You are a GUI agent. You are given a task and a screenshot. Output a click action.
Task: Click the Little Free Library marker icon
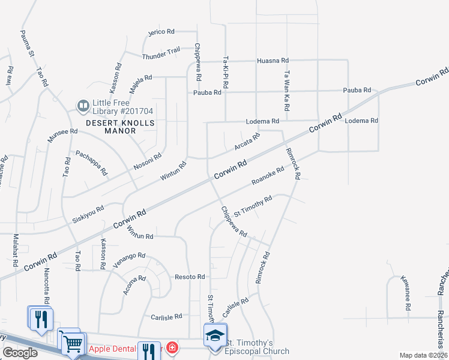[x=83, y=107]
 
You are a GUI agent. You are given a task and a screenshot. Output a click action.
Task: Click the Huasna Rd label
[x=273, y=61]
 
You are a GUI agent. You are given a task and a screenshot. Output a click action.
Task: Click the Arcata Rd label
[x=247, y=142]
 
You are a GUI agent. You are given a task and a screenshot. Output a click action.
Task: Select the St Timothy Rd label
[x=253, y=205]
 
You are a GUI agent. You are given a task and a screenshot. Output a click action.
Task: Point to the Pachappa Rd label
[x=91, y=163]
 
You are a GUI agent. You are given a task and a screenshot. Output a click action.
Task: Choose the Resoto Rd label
[x=190, y=277]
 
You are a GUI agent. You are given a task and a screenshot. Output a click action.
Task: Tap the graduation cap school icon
[x=215, y=335]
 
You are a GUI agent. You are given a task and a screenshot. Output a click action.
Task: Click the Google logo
[x=20, y=353]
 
